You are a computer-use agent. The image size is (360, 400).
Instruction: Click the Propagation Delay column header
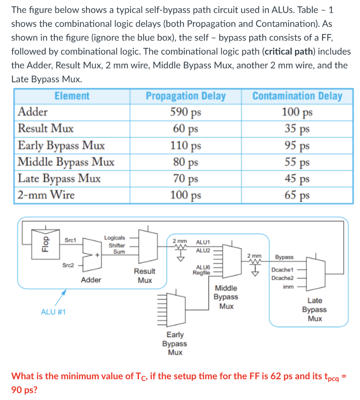click(185, 96)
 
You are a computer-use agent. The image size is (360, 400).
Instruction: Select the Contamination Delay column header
click(297, 96)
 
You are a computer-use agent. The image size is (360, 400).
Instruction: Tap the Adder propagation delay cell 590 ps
click(185, 112)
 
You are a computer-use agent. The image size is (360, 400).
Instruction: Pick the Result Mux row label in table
click(46, 129)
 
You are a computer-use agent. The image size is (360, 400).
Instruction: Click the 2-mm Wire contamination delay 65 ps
click(297, 195)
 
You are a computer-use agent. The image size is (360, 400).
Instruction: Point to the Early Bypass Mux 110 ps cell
click(185, 145)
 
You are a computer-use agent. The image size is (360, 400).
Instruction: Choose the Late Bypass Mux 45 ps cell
click(297, 178)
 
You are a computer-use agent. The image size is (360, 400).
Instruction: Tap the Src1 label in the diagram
click(70, 239)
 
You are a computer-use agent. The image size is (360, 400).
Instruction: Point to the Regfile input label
click(201, 272)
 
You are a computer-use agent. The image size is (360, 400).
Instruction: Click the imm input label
click(288, 286)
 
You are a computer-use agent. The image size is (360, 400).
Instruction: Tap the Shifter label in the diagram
click(117, 245)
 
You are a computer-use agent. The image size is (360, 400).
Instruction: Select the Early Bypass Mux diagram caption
click(175, 343)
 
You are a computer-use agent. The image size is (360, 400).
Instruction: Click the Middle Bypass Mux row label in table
click(66, 162)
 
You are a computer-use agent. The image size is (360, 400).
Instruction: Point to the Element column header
click(72, 96)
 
